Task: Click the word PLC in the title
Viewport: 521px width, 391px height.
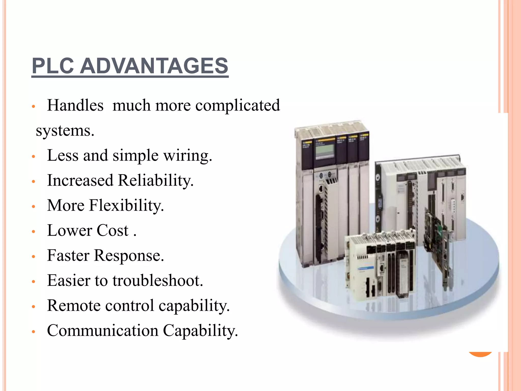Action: (x=53, y=66)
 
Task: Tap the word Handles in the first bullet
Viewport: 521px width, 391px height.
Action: (x=75, y=105)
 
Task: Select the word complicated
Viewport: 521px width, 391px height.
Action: (x=238, y=106)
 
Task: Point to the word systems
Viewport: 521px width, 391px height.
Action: (x=65, y=131)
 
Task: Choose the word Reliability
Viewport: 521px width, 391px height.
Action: (x=156, y=181)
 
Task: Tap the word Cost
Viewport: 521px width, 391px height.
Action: (x=112, y=231)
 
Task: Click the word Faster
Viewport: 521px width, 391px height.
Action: (x=68, y=256)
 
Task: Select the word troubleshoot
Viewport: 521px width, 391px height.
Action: (x=158, y=281)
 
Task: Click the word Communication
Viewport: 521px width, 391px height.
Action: (x=103, y=331)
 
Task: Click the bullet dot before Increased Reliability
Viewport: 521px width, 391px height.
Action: (x=33, y=182)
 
